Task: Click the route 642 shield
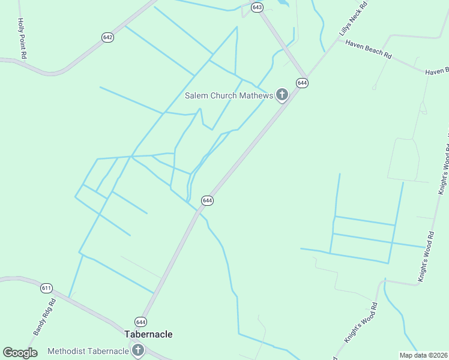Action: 108,37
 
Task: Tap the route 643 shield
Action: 258,7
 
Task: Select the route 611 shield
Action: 46,288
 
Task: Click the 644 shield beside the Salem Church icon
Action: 302,83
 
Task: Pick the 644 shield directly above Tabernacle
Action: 140,322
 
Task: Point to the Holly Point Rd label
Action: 22,38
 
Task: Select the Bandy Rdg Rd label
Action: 44,317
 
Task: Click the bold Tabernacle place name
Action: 148,334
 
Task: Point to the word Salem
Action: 196,95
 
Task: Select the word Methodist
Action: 68,351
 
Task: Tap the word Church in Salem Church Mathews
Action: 223,95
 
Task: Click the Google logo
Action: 20,353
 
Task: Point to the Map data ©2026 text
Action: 424,355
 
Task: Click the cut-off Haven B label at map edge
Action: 437,71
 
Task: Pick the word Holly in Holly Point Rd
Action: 20,26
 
